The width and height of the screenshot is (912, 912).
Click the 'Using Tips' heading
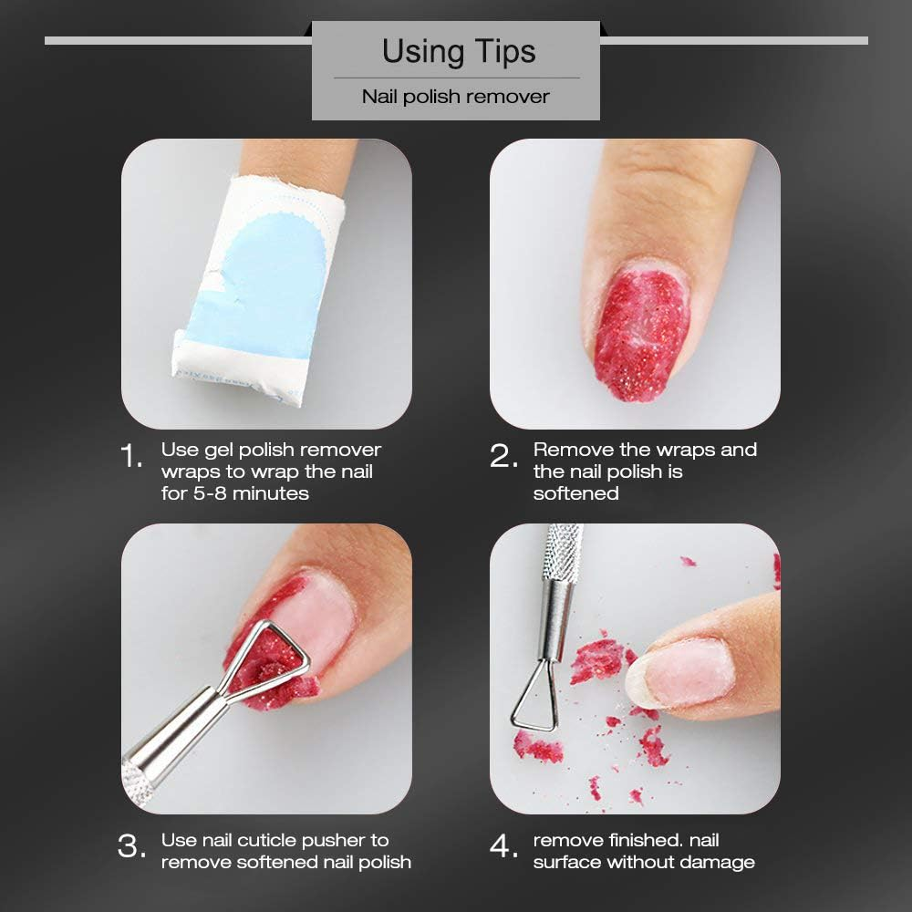[x=459, y=51]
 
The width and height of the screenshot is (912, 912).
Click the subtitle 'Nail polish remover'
[x=455, y=97]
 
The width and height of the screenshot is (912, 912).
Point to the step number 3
[x=131, y=845]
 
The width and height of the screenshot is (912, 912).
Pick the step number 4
[x=503, y=845]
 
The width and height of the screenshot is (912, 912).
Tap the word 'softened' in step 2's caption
[x=575, y=493]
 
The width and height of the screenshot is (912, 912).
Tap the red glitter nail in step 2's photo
[x=641, y=334]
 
